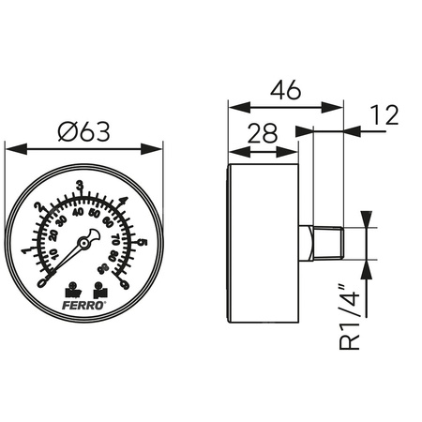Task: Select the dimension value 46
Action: [x=285, y=92]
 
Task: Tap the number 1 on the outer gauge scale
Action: [x=25, y=250]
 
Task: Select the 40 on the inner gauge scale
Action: [x=79, y=213]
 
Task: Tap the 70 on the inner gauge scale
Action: [x=116, y=238]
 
